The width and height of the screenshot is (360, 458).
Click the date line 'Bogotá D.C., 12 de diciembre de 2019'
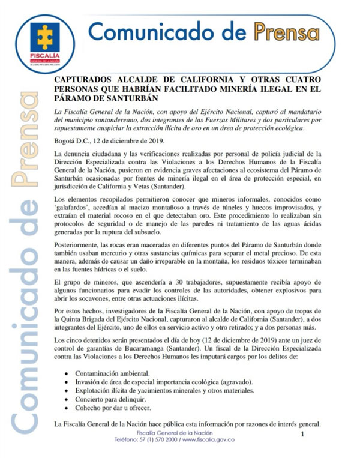click(112, 142)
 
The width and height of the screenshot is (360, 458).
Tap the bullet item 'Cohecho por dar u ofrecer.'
click(110, 406)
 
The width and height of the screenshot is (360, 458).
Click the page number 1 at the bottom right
click(303, 433)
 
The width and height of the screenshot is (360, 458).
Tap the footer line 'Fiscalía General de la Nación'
click(174, 433)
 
